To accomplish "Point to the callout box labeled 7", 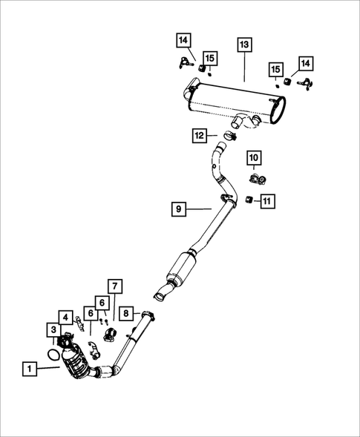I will click(x=115, y=286).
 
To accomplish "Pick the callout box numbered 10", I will click(x=254, y=157).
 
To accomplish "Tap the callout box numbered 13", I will click(x=244, y=45).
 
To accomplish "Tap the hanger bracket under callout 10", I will click(x=258, y=180).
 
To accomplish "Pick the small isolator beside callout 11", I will click(x=249, y=199).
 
